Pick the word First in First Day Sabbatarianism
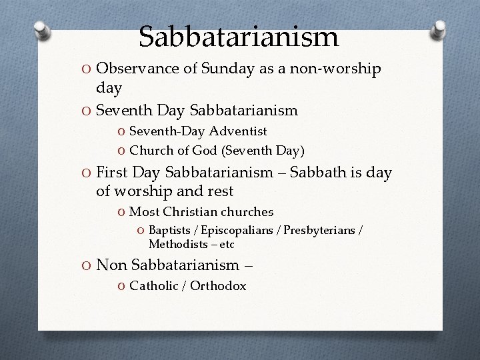tap(111, 173)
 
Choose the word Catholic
tap(154, 286)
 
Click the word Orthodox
tap(218, 286)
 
